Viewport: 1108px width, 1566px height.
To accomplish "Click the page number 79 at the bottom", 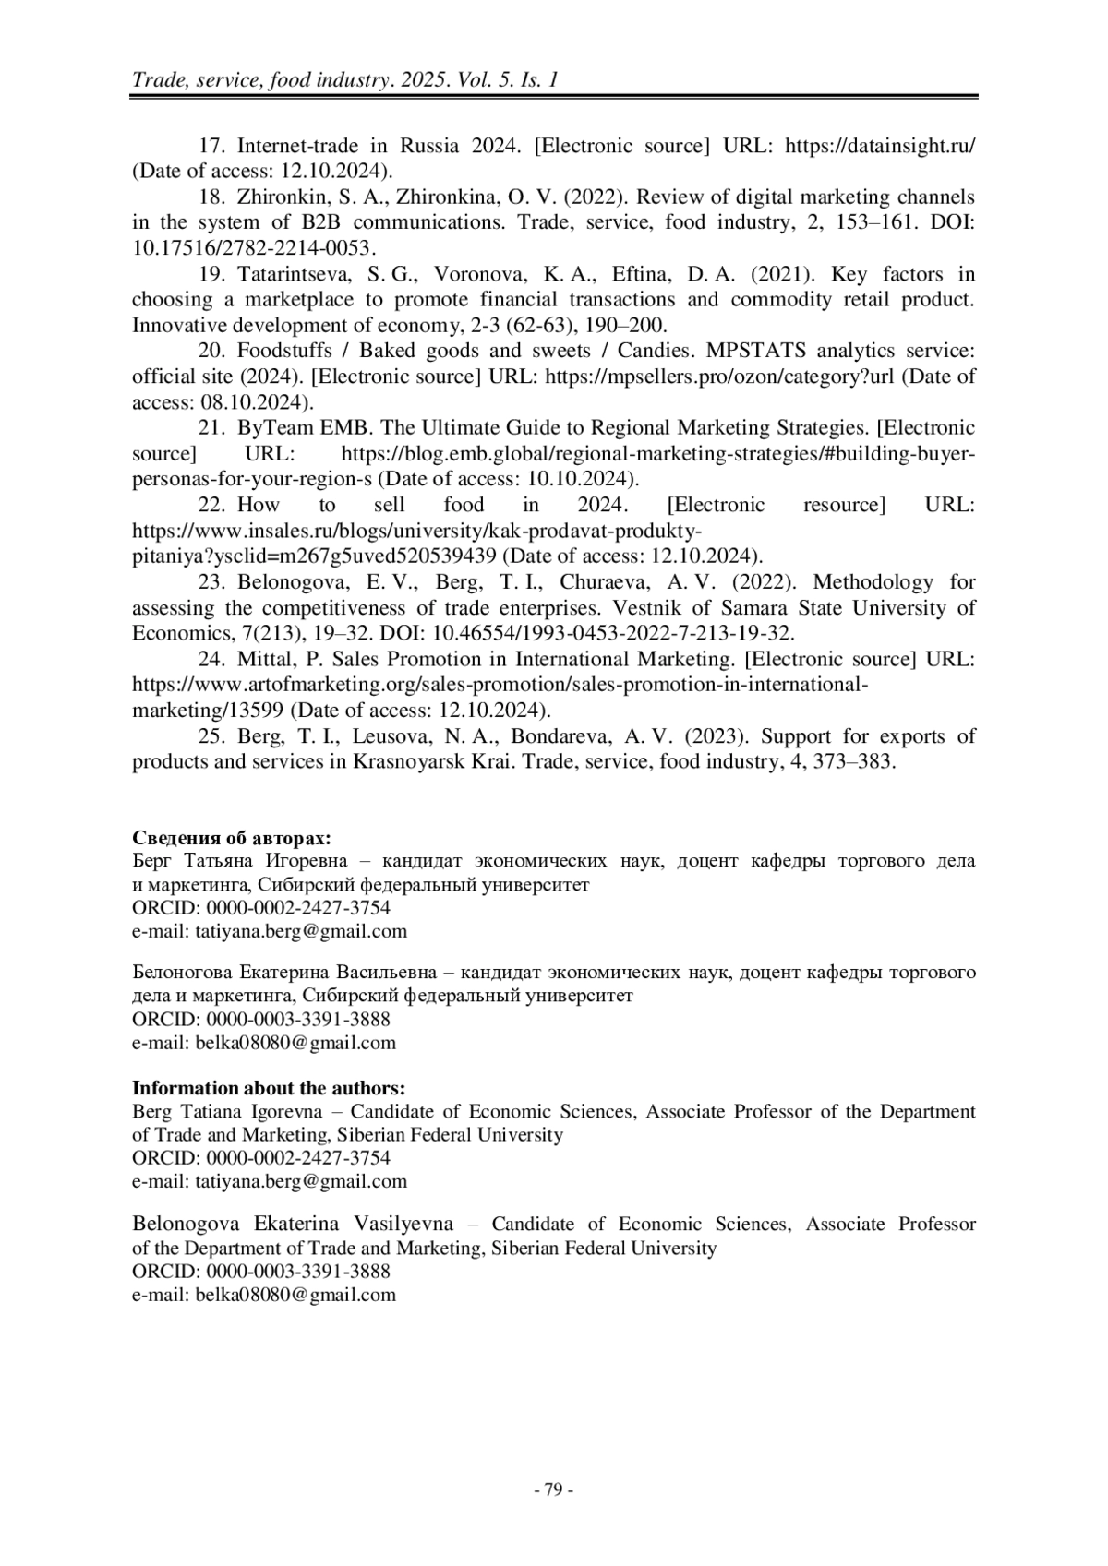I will pyautogui.click(x=553, y=1489).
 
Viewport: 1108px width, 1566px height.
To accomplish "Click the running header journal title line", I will pyautogui.click(x=345, y=80).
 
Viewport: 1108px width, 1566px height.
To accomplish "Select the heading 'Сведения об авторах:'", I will pyautogui.click(x=232, y=838).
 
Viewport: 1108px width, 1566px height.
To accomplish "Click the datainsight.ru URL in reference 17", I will pyautogui.click(x=879, y=146).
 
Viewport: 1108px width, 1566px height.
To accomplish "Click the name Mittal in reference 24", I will pyautogui.click(x=266, y=659).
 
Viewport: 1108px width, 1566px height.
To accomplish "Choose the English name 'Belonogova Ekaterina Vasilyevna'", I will pyautogui.click(x=293, y=1224).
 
